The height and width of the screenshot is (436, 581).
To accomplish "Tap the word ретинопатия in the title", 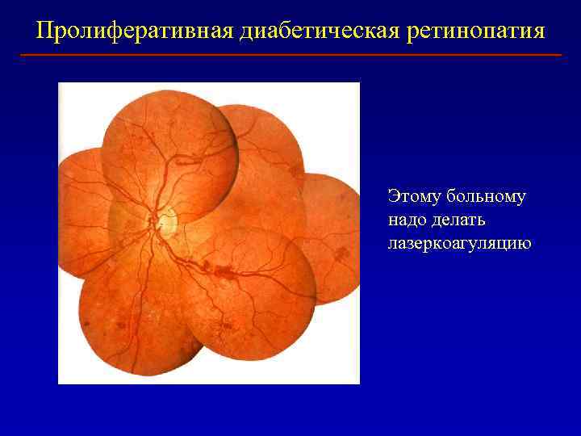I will [470, 30].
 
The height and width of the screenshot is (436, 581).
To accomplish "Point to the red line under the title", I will [290, 55].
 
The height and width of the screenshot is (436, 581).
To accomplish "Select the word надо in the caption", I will [407, 220].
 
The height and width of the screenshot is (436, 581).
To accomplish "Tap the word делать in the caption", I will [458, 220].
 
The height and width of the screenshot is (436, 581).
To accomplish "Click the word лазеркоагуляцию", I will [459, 242].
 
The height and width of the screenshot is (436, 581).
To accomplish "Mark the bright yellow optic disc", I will [167, 220].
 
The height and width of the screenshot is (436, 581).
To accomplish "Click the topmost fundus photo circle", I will [169, 145].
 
